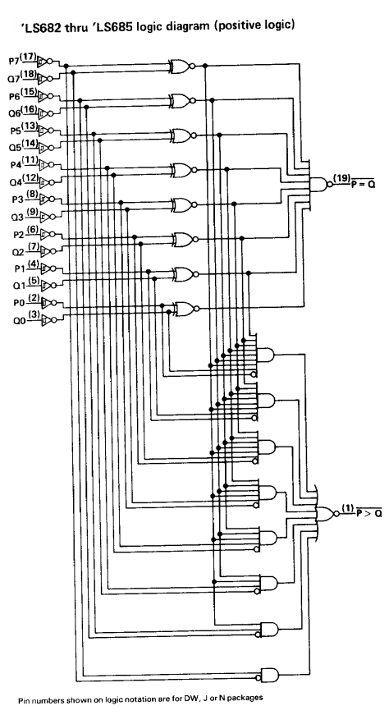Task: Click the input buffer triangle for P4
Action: tap(43, 164)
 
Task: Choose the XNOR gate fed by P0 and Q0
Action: tap(182, 309)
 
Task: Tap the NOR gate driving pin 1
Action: tap(326, 513)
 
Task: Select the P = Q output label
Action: tap(363, 185)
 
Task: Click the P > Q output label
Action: tap(368, 513)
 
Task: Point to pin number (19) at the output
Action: tap(341, 178)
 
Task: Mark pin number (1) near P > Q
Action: tap(347, 507)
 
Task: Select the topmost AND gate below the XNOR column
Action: tap(266, 354)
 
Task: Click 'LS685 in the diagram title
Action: tap(97, 25)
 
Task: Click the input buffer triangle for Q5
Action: tap(43, 148)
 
